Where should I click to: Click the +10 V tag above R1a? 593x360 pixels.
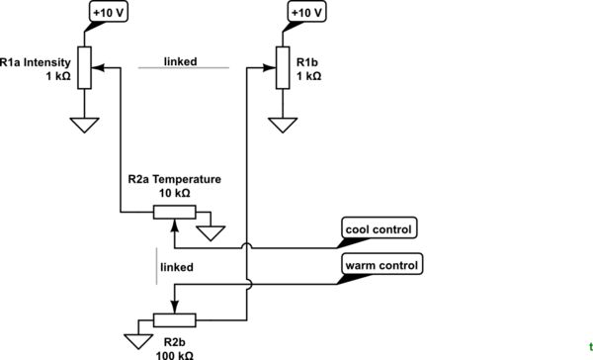[107, 13]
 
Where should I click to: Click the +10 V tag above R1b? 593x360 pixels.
[305, 13]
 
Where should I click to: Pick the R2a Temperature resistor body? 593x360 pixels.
[173, 213]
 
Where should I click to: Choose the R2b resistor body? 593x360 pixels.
[174, 319]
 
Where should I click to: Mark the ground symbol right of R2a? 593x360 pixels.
[211, 234]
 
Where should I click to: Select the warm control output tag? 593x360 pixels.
[381, 265]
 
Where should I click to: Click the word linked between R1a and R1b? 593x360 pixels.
[180, 61]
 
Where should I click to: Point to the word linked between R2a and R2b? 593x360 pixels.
[176, 267]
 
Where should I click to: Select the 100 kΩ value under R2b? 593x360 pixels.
[174, 353]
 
